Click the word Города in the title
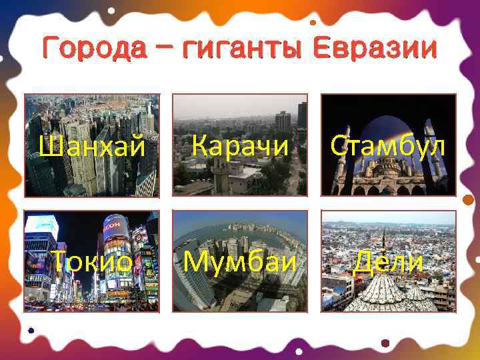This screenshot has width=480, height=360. coord(86,49)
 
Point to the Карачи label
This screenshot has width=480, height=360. coord(241,145)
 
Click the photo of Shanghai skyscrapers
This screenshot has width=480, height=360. coord(91,113)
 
